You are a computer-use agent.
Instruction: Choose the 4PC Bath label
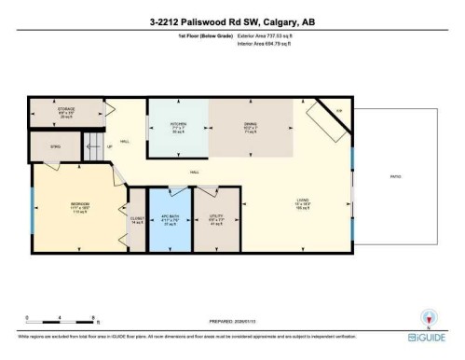point(170,221)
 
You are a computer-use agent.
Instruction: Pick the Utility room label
point(215,221)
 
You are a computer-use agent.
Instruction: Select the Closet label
point(136,221)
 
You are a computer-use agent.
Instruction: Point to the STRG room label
point(55,145)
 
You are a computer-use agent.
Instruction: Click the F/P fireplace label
point(339,111)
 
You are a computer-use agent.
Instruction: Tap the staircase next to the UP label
point(93,145)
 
